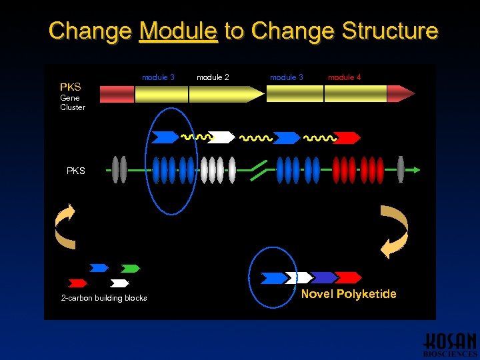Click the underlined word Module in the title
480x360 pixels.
178,31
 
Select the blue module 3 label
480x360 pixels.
158,77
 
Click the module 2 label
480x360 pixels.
213,77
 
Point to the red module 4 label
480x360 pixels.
345,77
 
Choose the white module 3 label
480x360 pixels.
287,77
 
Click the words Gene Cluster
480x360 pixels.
72,103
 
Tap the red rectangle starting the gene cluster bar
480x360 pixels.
117,94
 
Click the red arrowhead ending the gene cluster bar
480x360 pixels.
400,94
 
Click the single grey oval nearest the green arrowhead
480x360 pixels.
401,169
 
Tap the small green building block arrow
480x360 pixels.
131,269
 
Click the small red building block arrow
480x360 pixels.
78,283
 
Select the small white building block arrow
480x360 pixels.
119,283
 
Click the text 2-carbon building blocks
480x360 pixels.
104,298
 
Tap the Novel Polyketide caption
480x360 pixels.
349,294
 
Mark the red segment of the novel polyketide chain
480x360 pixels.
349,277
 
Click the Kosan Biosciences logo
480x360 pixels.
451,343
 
